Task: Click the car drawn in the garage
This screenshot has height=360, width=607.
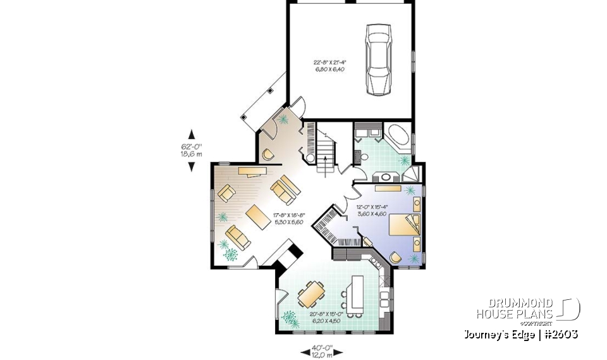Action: click(379, 59)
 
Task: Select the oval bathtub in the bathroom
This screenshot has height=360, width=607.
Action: click(397, 137)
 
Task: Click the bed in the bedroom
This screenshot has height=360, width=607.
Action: click(402, 227)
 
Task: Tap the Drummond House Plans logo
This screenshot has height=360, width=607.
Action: click(527, 310)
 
